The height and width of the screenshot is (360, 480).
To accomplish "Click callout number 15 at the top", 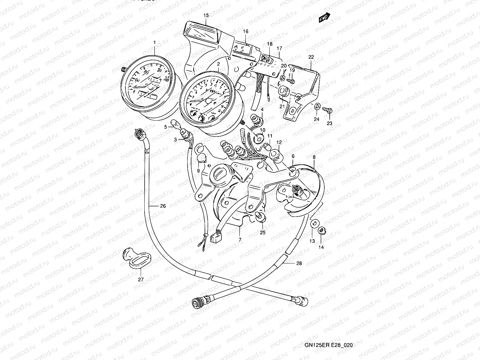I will click(x=205, y=15).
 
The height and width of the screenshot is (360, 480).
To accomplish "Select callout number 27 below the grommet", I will click(x=141, y=279).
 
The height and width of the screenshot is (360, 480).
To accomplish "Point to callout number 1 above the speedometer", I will click(x=155, y=43).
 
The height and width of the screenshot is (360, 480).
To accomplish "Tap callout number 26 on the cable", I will click(x=163, y=206).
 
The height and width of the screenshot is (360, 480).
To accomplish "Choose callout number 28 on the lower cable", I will click(x=299, y=263).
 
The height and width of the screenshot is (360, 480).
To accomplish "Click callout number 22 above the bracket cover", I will click(x=311, y=57).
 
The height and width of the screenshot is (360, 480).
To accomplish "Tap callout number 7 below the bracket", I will click(x=240, y=240).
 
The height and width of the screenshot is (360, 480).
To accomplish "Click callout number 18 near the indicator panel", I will click(x=270, y=44).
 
